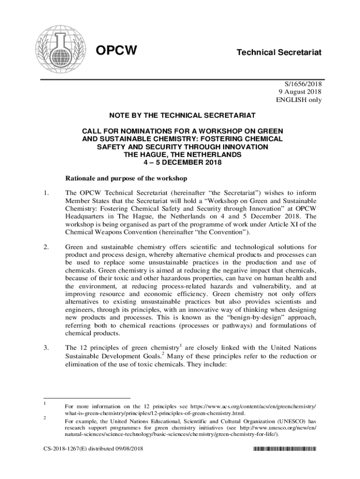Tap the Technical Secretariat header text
[279, 52]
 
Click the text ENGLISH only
[299, 100]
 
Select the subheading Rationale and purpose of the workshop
[126, 178]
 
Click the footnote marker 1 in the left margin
[43, 403]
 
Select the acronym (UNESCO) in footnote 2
[293, 421]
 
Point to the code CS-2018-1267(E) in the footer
[65, 450]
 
